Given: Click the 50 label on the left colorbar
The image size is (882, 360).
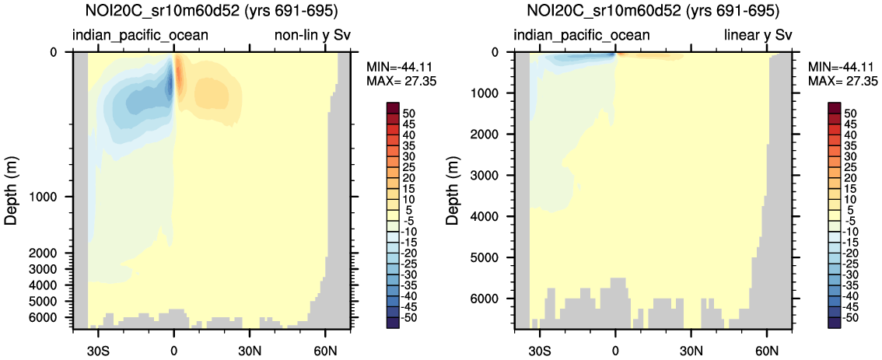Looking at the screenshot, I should (409, 114).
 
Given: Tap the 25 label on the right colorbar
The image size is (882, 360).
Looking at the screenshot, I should (852, 167).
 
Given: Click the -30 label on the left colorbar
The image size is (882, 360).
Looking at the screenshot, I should (411, 274).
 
